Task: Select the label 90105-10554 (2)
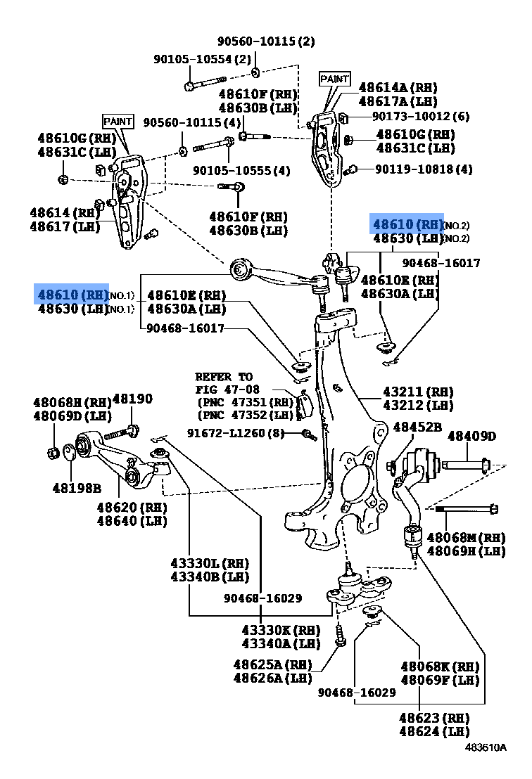point(202,60)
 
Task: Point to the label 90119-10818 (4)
point(423,169)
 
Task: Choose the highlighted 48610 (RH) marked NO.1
point(72,294)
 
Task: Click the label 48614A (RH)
point(398,87)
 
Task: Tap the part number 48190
point(132,399)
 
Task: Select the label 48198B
point(76,487)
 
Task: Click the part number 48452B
point(417,427)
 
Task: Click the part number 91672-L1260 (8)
point(235,433)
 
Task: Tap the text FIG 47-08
point(227,389)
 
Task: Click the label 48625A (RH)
point(272,664)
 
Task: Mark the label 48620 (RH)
point(132,507)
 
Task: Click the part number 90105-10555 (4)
point(241,170)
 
